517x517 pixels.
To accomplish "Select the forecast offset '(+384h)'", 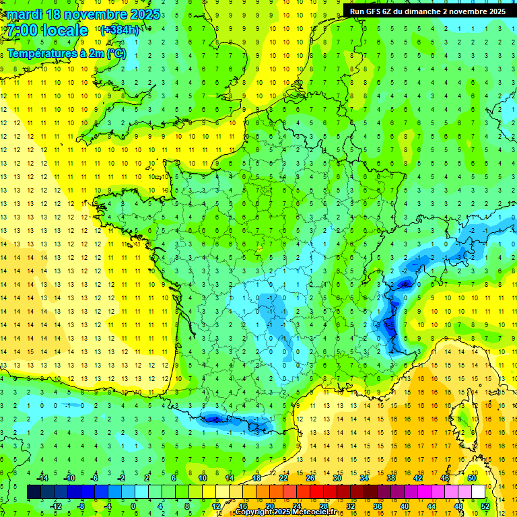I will coord(119,30).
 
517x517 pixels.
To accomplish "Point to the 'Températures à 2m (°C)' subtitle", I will coord(67,53).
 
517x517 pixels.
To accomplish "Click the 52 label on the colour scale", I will coord(485,506).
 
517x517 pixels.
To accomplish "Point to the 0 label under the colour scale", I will coord(134,506).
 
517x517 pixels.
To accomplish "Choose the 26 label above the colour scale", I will coord(310,478).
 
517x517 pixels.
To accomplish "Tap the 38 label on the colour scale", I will coord(391,478).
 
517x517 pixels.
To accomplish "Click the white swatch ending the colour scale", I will coord(478,492).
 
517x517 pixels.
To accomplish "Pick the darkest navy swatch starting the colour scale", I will coord(34,492).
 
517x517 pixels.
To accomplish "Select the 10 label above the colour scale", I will coord(203,478).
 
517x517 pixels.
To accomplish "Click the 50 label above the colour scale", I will coord(472,478).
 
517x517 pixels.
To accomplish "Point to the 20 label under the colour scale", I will coord(270,506).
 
